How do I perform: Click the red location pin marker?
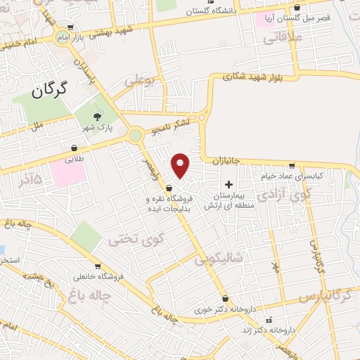(181, 166)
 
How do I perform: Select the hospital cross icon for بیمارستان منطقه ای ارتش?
(229, 184)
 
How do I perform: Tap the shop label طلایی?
(74, 159)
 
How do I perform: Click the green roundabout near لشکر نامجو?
(135, 136)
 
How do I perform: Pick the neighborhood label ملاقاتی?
(282, 39)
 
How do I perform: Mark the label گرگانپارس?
(324, 295)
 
